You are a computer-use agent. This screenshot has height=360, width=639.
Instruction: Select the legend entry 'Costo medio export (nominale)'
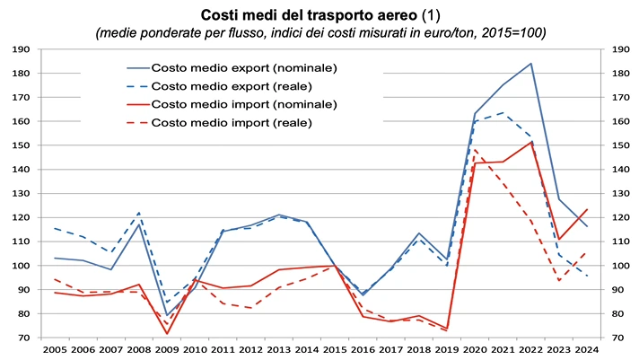[244, 67]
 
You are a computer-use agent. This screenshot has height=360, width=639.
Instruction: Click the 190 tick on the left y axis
[23, 48]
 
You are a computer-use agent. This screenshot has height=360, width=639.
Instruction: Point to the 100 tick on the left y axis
[23, 266]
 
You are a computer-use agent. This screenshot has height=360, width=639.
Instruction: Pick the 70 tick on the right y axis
[619, 338]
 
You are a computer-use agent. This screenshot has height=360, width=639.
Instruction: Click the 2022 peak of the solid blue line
[530, 63]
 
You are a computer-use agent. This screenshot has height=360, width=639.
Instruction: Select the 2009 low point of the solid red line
[167, 334]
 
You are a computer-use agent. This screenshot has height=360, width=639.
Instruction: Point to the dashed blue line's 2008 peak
[139, 213]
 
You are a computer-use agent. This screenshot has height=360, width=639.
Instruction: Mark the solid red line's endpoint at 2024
[586, 209]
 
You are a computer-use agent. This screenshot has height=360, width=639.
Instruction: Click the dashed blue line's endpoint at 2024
[586, 276]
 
